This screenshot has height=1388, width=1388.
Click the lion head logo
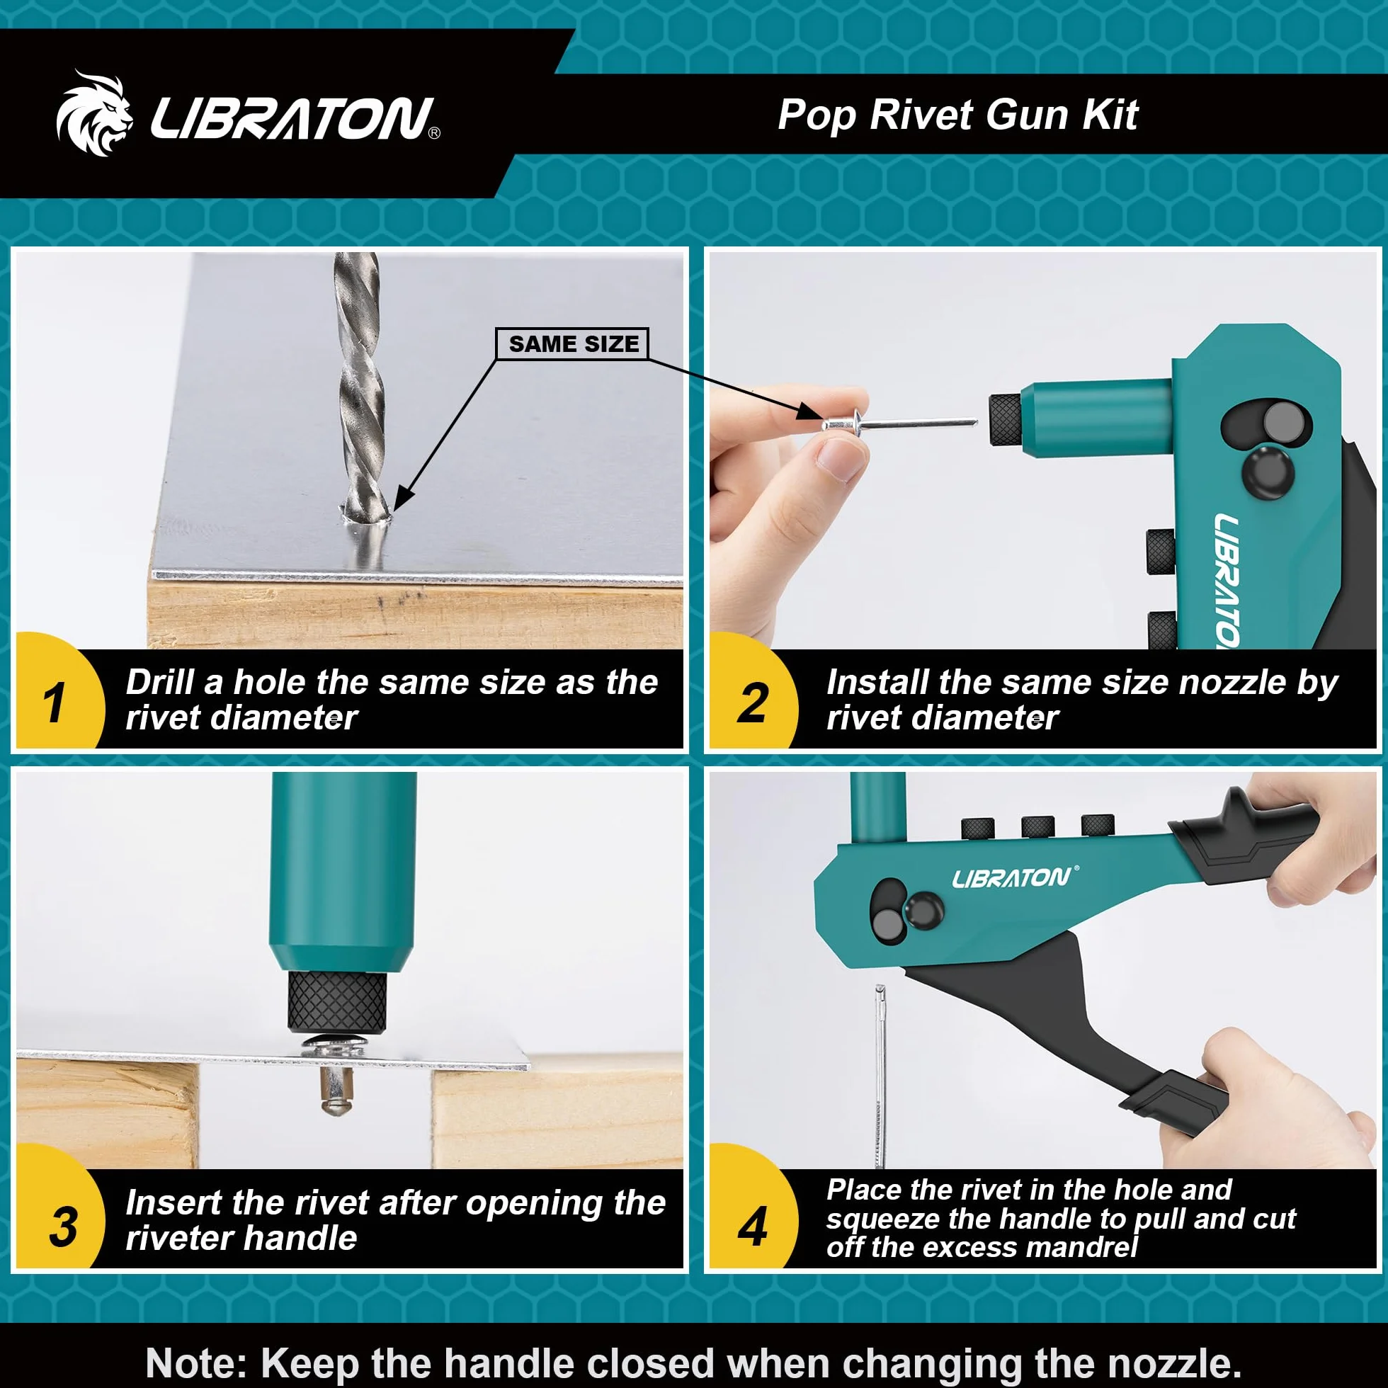point(95,113)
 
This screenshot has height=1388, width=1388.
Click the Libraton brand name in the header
point(295,118)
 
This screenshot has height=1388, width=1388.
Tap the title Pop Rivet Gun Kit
point(957,115)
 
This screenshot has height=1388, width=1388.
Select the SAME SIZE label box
point(573,344)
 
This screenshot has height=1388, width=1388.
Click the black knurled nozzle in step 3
point(337,1001)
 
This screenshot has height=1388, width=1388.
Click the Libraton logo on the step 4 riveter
point(1013,877)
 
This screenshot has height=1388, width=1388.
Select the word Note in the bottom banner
point(198,1361)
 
